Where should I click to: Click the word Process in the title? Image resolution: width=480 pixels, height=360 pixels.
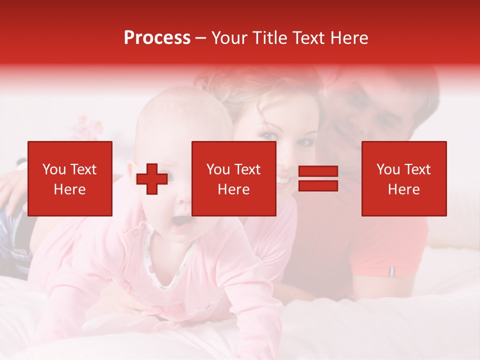(x=157, y=38)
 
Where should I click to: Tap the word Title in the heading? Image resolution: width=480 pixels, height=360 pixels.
(x=270, y=38)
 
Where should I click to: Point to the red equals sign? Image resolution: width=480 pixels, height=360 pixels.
(x=318, y=178)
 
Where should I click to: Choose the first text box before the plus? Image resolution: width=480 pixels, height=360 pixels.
(x=69, y=178)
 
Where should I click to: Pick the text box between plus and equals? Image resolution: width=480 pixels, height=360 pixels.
(x=233, y=178)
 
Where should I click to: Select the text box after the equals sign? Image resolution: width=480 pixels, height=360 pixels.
(x=403, y=178)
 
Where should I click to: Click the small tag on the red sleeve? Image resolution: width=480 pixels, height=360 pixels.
(x=391, y=271)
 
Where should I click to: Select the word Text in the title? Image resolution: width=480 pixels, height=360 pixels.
(x=309, y=38)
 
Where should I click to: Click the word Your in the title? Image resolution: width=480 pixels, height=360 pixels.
(x=229, y=38)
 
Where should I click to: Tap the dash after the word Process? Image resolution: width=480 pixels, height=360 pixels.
(x=200, y=38)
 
